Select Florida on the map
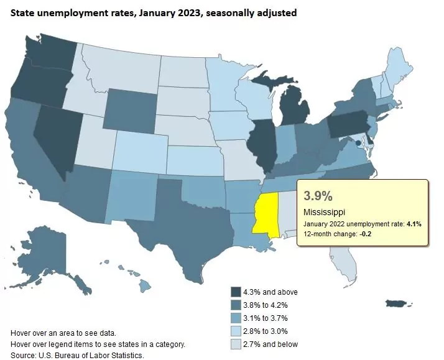[x=346, y=259]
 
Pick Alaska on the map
[x=59, y=255]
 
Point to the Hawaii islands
[x=144, y=285]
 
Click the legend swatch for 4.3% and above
[x=236, y=292]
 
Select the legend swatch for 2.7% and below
[x=236, y=344]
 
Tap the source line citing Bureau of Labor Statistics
[x=78, y=355]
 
